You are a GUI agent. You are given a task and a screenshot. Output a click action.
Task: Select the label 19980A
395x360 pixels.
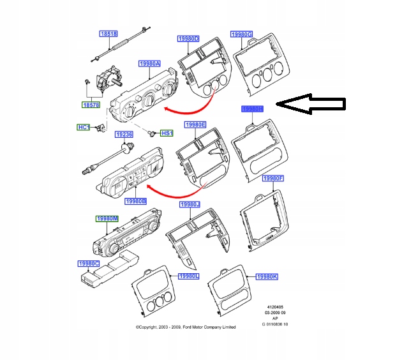(x=149, y=64)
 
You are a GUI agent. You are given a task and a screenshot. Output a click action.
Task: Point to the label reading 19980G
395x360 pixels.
(x=242, y=34)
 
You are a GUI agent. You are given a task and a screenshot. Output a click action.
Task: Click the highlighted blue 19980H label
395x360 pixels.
(x=252, y=109)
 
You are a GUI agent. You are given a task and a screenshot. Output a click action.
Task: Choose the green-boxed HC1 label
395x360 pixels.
(x=84, y=128)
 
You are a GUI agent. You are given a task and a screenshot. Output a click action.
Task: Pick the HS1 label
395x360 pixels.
(x=167, y=133)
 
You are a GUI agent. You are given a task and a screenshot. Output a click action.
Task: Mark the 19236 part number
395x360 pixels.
(x=124, y=135)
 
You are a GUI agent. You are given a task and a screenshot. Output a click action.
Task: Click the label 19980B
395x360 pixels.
(x=136, y=201)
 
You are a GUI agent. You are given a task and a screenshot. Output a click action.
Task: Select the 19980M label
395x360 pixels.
(x=107, y=219)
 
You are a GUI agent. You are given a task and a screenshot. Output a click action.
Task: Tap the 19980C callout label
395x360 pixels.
(x=89, y=264)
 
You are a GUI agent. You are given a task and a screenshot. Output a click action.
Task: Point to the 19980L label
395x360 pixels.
(x=189, y=276)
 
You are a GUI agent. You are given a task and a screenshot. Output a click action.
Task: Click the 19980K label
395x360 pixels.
(x=266, y=276)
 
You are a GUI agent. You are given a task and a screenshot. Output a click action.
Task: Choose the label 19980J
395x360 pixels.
(x=190, y=204)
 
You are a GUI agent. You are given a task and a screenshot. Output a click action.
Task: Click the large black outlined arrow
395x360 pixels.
(x=313, y=103)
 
